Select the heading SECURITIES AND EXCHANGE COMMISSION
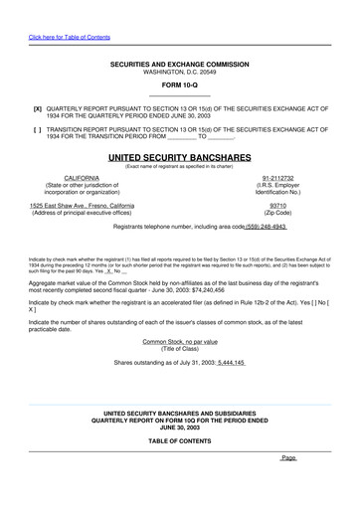[x=179, y=65]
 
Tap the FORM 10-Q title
[x=179, y=85]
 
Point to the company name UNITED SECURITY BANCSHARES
[x=179, y=157]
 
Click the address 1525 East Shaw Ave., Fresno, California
[x=82, y=205]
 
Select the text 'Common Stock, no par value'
[x=179, y=341]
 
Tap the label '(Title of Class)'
[x=179, y=349]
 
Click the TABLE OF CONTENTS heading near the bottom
[x=179, y=439]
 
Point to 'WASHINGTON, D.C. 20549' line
[x=179, y=73]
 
